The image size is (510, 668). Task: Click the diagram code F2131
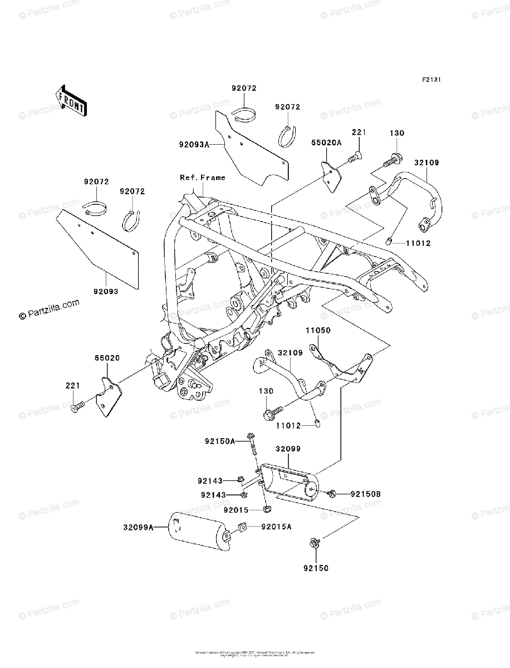(x=431, y=80)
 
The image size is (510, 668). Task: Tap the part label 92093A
(x=194, y=144)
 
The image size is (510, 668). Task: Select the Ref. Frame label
(x=202, y=178)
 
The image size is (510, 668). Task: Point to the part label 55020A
(x=326, y=143)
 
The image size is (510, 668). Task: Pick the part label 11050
(x=317, y=331)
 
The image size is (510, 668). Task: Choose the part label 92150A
(x=219, y=441)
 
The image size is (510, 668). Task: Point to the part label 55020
(x=106, y=358)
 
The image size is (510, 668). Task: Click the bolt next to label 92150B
(x=332, y=493)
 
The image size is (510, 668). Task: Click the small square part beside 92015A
(x=243, y=527)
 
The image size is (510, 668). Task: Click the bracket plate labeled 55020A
(x=332, y=176)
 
